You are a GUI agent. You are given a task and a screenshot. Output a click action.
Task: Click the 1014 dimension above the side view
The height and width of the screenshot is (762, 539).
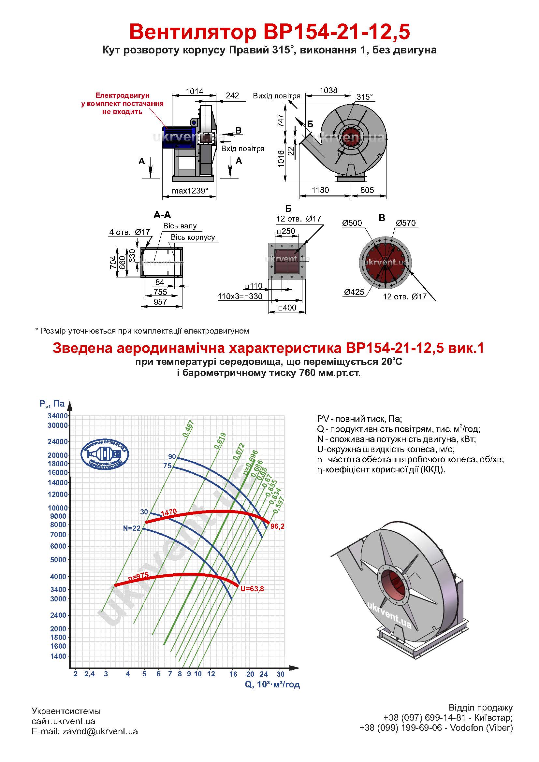194,91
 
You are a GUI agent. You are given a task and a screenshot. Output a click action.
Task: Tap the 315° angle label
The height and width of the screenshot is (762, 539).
364,97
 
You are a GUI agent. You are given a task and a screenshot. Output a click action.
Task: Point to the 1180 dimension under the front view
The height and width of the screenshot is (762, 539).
320,190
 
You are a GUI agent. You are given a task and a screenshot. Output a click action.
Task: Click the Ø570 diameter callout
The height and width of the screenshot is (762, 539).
406,223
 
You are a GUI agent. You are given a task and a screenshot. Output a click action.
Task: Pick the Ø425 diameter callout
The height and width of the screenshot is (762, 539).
354,292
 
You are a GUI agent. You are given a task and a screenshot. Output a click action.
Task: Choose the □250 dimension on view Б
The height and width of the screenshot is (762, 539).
286,231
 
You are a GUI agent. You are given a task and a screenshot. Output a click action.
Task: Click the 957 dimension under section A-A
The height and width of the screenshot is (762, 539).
160,302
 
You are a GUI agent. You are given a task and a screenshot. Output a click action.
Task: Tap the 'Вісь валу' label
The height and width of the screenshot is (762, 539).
180,226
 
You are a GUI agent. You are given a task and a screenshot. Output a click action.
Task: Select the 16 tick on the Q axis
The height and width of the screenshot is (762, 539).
233,674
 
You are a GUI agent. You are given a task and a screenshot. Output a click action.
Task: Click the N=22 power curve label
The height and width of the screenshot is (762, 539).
132,528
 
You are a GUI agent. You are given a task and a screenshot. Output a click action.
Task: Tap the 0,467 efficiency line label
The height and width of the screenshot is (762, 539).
188,428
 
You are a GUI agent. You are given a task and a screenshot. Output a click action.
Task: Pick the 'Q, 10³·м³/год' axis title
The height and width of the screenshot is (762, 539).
272,684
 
